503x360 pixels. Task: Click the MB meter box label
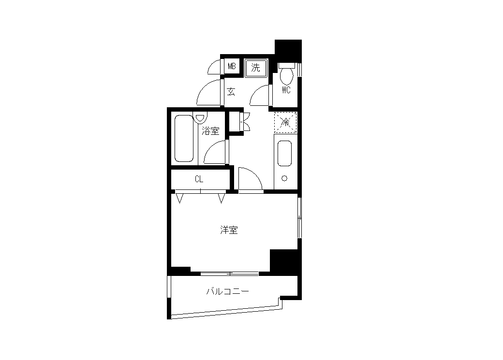(232, 66)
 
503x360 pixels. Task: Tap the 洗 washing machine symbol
(256, 68)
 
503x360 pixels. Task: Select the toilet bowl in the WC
(286, 74)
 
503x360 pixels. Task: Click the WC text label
(286, 90)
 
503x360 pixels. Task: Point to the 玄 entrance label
(231, 92)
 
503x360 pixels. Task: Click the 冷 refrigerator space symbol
(285, 122)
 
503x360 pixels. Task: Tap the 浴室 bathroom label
(210, 131)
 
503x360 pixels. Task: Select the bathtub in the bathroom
(184, 139)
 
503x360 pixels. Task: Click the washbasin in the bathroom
(200, 117)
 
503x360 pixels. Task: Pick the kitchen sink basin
(284, 153)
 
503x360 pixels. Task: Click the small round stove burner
(284, 178)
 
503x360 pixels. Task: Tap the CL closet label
(199, 179)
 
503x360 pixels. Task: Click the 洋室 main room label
(229, 230)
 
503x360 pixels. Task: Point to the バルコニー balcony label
(227, 291)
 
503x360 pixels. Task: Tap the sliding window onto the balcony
(230, 274)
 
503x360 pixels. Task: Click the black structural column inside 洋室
(284, 260)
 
